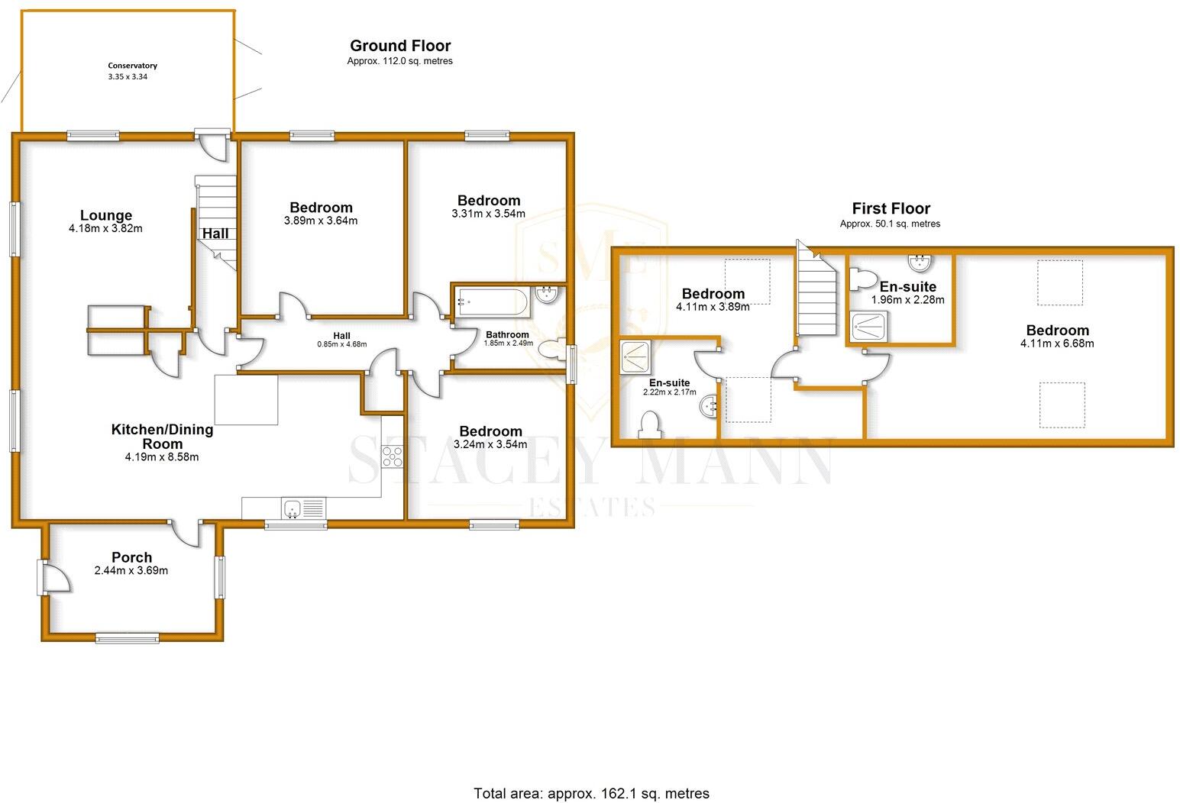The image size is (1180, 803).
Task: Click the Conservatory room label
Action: pos(132,66)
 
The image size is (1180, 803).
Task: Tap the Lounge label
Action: pos(106,215)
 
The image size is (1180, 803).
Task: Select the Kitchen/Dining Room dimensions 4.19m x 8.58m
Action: pos(162,457)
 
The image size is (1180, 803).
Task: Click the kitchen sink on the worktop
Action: pos(293,508)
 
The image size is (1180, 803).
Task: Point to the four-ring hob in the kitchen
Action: pos(393,456)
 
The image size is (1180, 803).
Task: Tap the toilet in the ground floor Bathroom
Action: pos(550,349)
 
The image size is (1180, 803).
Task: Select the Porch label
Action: pos(131,557)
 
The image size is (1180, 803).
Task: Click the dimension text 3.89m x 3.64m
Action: pos(321,221)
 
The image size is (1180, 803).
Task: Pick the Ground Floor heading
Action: pos(399,46)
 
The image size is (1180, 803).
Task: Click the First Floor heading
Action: pos(891,208)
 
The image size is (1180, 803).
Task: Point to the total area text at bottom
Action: pos(591,793)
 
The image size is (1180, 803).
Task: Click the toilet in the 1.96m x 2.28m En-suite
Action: pos(862,279)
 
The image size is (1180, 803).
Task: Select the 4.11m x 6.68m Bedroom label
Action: pos(1057,331)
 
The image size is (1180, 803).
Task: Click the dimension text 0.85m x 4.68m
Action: pos(341,344)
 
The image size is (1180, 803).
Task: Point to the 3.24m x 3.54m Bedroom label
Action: pos(490,431)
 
